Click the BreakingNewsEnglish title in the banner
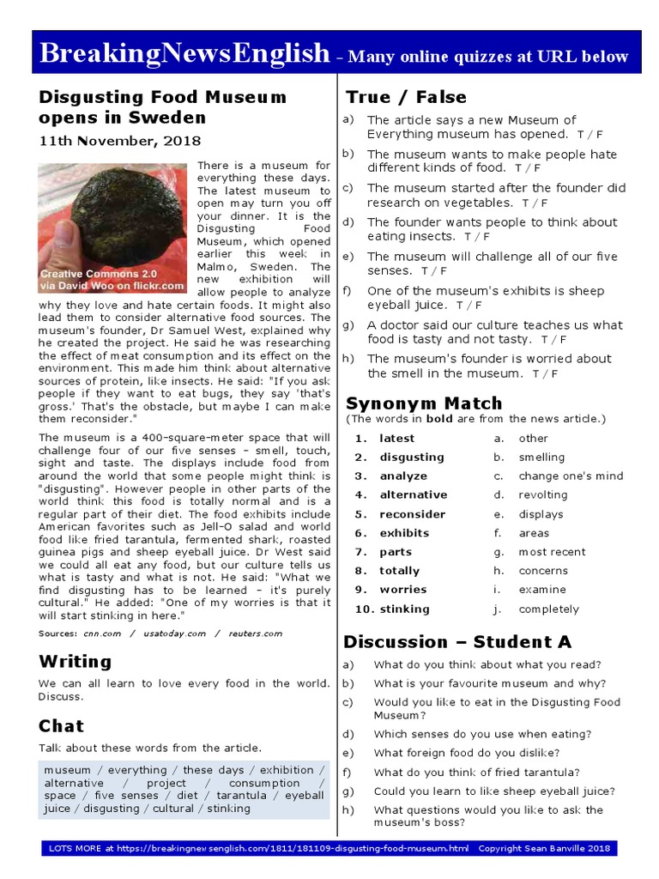tap(184, 54)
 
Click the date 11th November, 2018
tap(119, 141)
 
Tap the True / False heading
tap(406, 97)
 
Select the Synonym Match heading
tap(423, 403)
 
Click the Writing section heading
tap(75, 661)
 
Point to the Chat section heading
tap(61, 726)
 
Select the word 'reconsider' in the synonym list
tap(413, 514)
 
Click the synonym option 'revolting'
tap(542, 495)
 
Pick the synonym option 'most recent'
tap(552, 552)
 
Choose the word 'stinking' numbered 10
tap(404, 609)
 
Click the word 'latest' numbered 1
tap(396, 439)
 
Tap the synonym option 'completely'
tap(548, 609)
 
